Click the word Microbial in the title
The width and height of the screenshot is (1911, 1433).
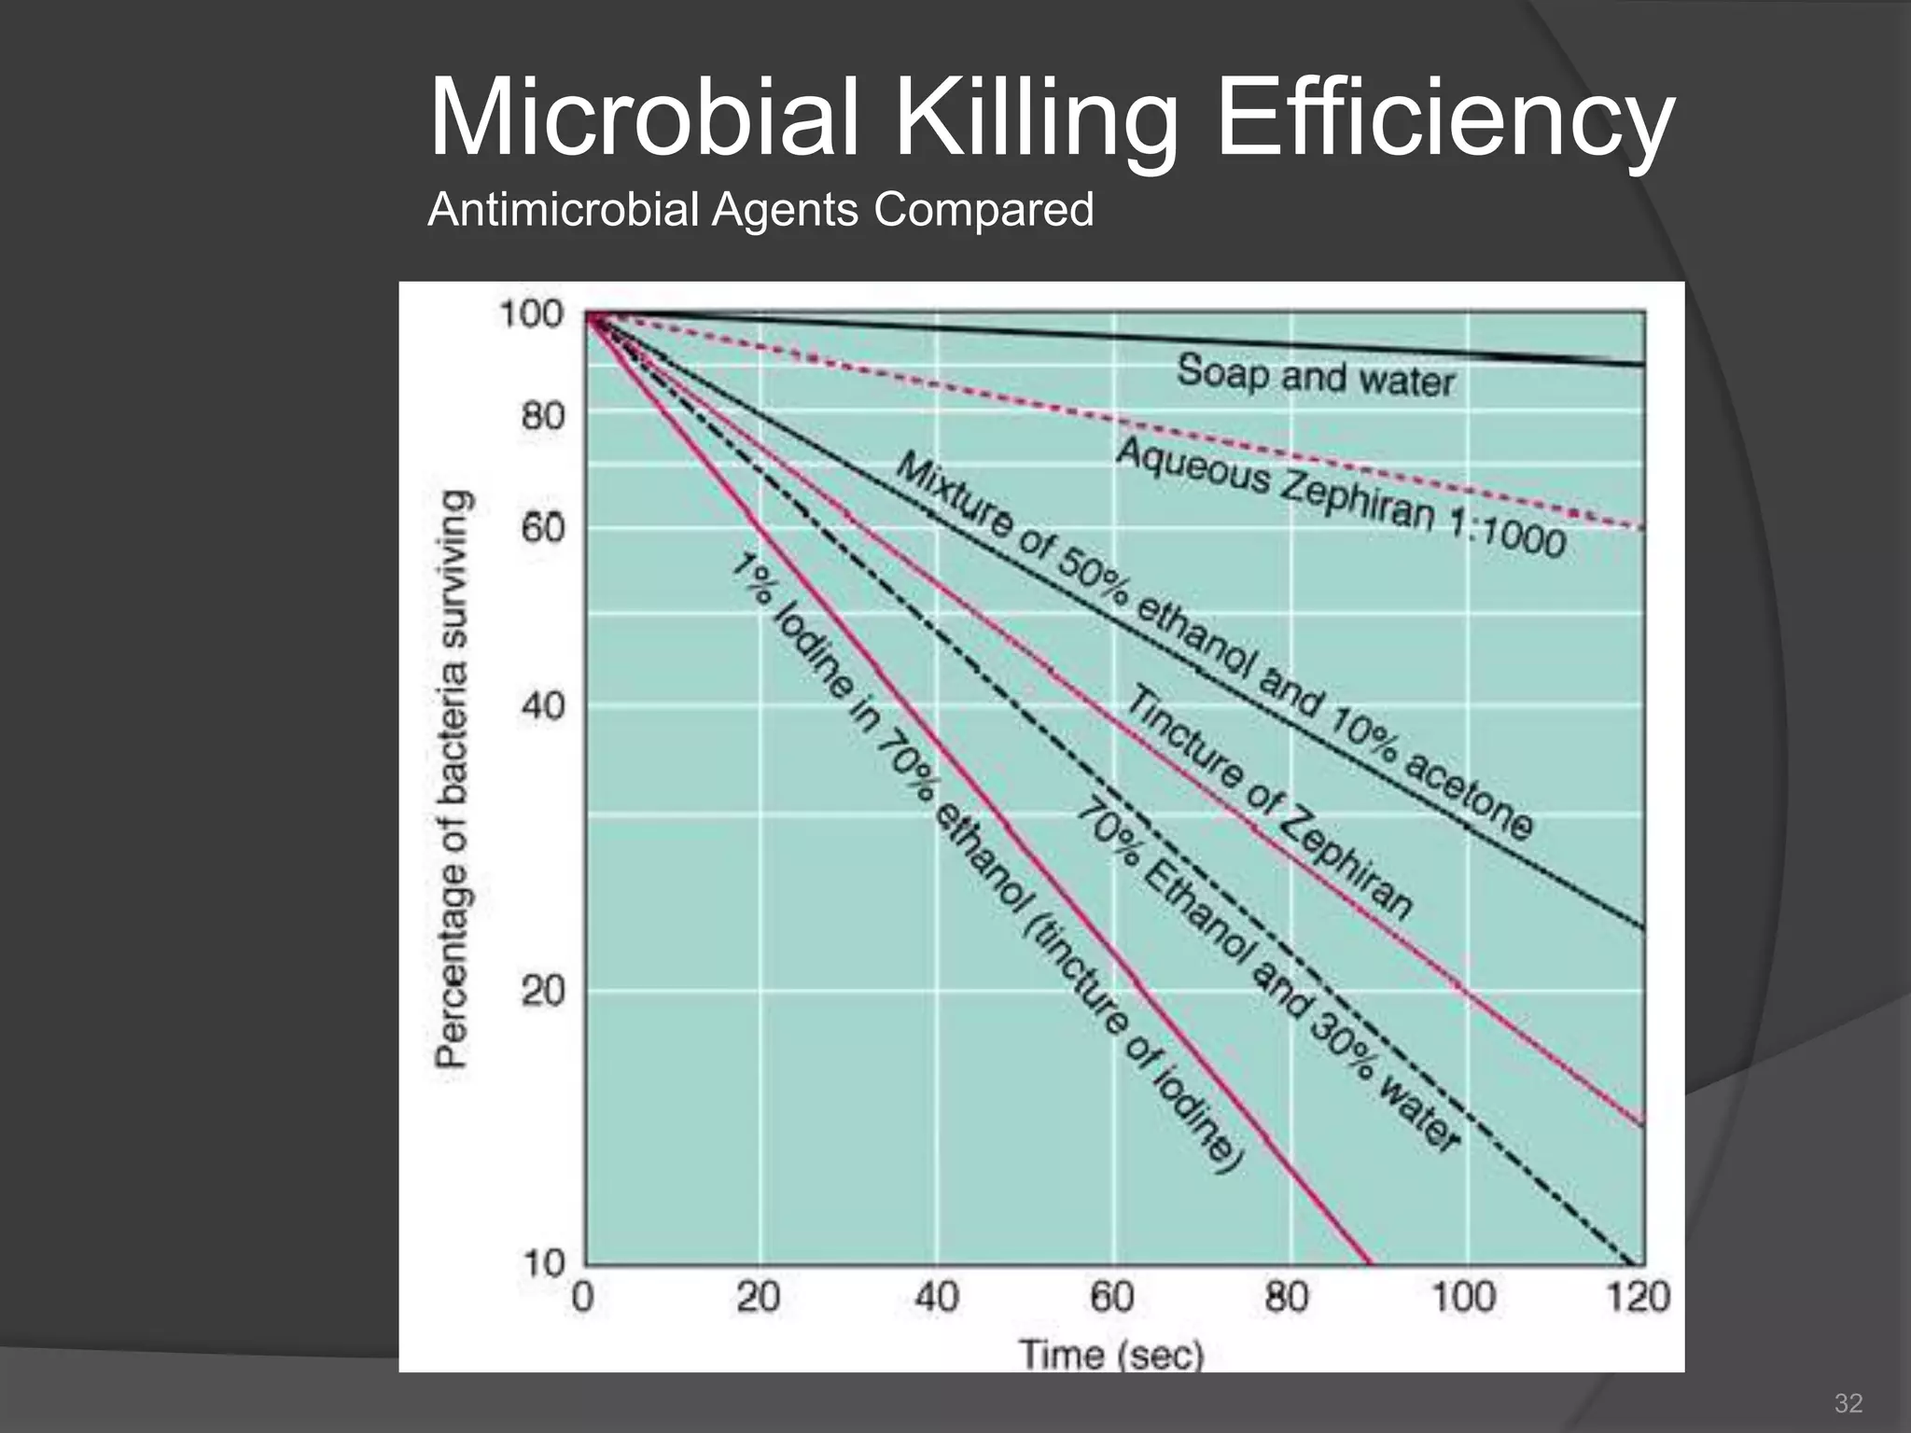click(x=644, y=119)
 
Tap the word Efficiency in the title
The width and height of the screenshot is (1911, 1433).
click(x=1445, y=119)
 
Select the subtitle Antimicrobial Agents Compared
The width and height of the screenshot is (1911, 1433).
click(x=760, y=209)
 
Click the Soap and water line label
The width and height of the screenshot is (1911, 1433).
click(x=1316, y=376)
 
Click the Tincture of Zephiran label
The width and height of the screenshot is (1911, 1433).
click(x=1269, y=802)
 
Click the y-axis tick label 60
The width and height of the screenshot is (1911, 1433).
click(x=543, y=528)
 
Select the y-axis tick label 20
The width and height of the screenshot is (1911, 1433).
click(x=543, y=991)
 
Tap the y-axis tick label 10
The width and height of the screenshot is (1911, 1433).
click(x=543, y=1264)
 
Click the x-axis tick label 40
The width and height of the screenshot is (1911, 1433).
click(x=936, y=1298)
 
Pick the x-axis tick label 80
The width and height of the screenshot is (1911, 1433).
click(x=1289, y=1298)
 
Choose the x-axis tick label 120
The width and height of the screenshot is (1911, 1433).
click(x=1639, y=1298)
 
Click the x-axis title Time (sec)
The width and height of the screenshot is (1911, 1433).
click(x=1111, y=1354)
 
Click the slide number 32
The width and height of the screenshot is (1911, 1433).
click(x=1848, y=1403)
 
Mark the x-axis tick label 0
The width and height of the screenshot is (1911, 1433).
click(x=583, y=1298)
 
